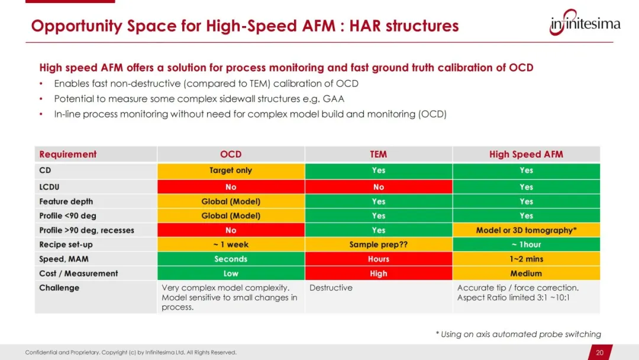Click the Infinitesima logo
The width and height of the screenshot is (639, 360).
point(585,22)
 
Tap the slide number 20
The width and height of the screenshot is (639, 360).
point(599,353)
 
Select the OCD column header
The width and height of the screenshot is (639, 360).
point(231,154)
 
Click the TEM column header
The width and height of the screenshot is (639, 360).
point(378,154)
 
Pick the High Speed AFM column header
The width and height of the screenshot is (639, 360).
point(526,154)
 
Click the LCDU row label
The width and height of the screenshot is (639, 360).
point(49,187)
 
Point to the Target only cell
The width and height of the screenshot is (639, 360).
point(231,171)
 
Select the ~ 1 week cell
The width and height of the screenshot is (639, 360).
point(231,245)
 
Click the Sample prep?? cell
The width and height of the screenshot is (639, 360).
point(379,245)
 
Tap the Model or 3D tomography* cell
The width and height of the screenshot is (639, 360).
point(526,230)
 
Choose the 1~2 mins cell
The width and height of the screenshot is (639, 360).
point(526,259)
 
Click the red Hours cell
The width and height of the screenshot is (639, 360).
point(379,259)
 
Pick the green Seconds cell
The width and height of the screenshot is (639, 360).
point(231,259)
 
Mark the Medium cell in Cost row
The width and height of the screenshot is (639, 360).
point(526,273)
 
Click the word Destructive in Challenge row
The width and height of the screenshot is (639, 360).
point(331,288)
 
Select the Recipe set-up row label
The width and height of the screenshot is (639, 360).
point(66,245)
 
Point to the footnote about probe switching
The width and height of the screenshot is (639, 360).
point(518,335)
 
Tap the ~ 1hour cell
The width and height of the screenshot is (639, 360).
point(526,245)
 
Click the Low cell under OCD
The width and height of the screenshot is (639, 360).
point(231,273)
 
